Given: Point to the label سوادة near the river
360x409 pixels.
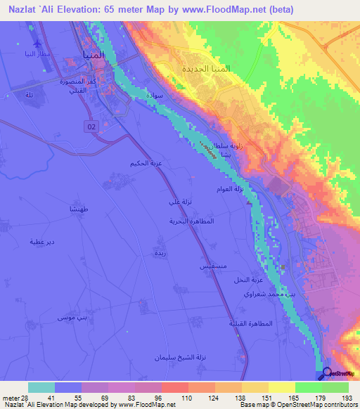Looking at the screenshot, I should click(155, 94).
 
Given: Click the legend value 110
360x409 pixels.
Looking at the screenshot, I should click(167, 398).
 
